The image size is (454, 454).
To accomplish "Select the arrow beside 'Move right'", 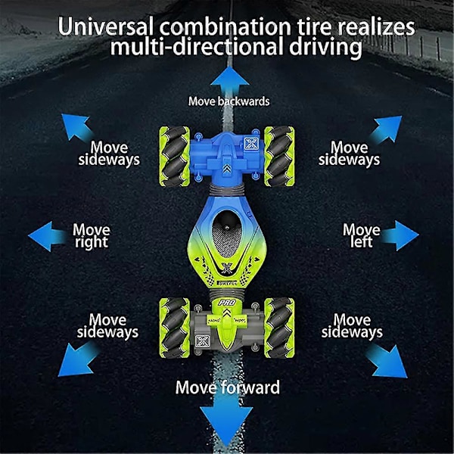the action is pyautogui.click(x=48, y=236).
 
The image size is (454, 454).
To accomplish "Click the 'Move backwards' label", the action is pyautogui.click(x=229, y=101).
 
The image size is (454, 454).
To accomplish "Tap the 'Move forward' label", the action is pyautogui.click(x=228, y=387).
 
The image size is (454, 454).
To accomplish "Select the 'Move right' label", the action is pyautogui.click(x=92, y=236).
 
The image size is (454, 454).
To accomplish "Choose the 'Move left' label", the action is pyautogui.click(x=362, y=235).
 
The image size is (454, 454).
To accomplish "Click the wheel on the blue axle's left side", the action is pyautogui.click(x=174, y=156).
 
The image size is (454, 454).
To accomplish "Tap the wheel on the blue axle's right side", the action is pyautogui.click(x=279, y=156).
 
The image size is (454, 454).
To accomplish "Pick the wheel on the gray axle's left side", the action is pyautogui.click(x=174, y=328).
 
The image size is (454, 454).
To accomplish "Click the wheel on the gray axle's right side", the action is pyautogui.click(x=279, y=328).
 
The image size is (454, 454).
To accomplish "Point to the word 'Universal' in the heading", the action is pyautogui.click(x=106, y=26).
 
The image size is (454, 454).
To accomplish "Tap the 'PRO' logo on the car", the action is pyautogui.click(x=227, y=303).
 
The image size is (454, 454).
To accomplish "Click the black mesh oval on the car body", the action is pyautogui.click(x=227, y=234).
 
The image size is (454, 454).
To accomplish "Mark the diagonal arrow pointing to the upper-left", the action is pyautogui.click(x=76, y=127).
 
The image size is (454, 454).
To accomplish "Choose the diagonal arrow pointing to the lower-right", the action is pyautogui.click(x=387, y=361).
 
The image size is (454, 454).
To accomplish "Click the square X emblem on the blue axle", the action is pyautogui.click(x=251, y=144).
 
